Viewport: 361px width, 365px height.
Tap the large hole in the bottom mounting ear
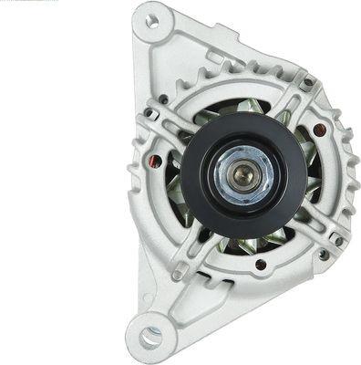click(x=150, y=337)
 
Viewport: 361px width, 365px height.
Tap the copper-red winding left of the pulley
click(x=156, y=162)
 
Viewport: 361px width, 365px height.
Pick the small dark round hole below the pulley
click(x=261, y=265)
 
